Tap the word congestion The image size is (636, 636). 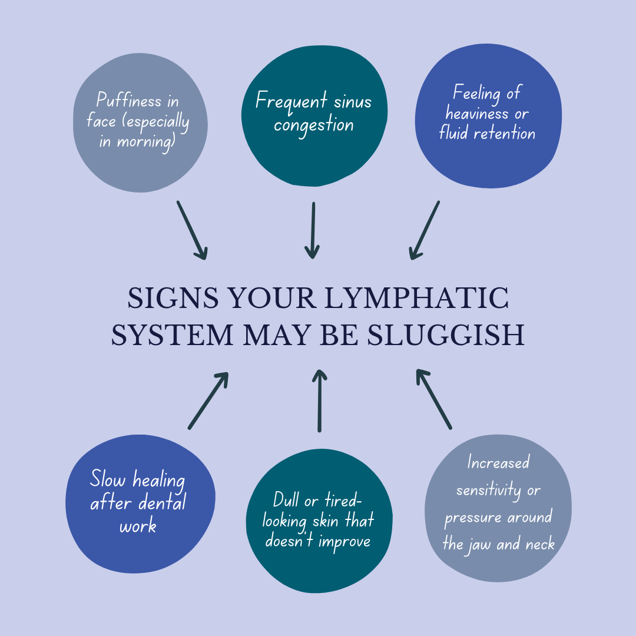[x=313, y=125]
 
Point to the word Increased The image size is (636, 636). [x=498, y=463]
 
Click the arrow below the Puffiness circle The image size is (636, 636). [x=192, y=230]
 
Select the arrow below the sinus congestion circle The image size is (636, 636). [x=313, y=230]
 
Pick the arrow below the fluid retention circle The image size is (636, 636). [x=425, y=230]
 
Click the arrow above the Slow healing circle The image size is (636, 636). [x=208, y=400]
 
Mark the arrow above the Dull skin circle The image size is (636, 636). [x=319, y=400]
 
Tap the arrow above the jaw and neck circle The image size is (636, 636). [x=433, y=398]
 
